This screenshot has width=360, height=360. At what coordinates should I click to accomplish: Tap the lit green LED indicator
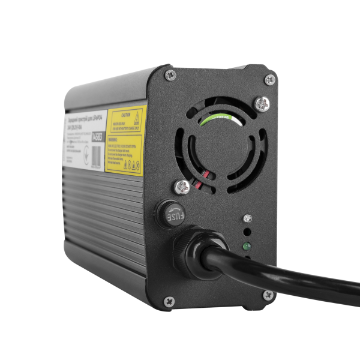247,246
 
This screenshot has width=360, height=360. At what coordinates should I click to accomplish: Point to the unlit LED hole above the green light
247,232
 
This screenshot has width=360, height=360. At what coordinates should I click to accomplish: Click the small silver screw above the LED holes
247,217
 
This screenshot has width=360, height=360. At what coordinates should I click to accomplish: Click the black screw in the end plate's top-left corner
171,75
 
